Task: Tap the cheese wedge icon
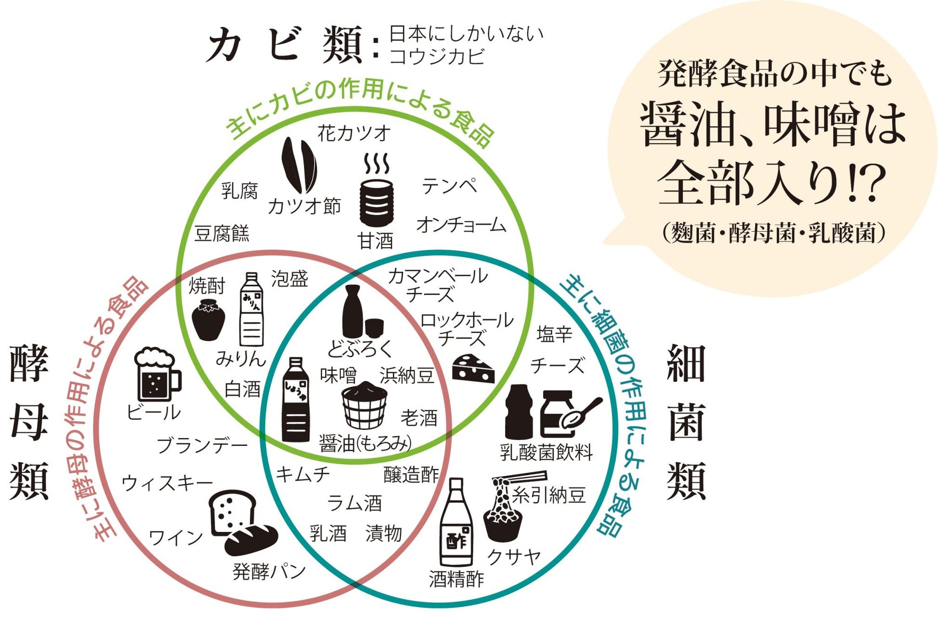click(473, 369)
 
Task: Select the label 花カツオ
click(354, 133)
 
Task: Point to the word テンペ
click(449, 186)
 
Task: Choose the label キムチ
click(303, 475)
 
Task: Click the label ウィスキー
click(167, 482)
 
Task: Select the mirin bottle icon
click(252, 310)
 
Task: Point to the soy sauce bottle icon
click(295, 400)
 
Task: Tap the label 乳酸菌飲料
click(546, 452)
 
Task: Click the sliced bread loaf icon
click(233, 512)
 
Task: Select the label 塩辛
click(555, 333)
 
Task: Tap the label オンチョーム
click(461, 225)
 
